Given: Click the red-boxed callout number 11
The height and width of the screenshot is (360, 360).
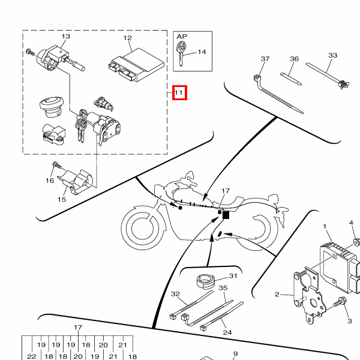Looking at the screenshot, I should tap(179, 93).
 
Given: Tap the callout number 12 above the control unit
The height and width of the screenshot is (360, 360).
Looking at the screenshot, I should tap(128, 38).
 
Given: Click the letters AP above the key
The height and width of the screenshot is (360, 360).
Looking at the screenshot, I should tap(182, 36).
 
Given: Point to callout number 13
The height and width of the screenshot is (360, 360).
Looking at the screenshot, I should tap(65, 37).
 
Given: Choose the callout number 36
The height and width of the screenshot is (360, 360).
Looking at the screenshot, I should tap(294, 59).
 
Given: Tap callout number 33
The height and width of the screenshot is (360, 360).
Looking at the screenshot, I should tap(333, 55).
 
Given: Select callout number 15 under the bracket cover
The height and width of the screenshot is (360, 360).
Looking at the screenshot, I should tap(62, 199).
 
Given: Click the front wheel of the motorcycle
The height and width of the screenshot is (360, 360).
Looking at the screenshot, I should tap(143, 228).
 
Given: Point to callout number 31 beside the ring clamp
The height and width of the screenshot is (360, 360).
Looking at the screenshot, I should tap(233, 276).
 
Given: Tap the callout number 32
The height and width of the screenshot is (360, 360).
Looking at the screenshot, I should tap(175, 294).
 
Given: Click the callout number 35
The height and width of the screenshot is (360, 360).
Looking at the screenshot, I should tap(223, 289).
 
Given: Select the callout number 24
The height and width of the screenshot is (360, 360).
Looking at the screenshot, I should tap(227, 332).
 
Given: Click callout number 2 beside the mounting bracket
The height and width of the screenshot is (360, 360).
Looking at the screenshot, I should tap(277, 295).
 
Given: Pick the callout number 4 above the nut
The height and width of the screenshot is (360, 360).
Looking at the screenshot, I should tap(352, 223).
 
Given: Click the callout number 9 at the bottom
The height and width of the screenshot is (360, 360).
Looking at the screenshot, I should tap(236, 354).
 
